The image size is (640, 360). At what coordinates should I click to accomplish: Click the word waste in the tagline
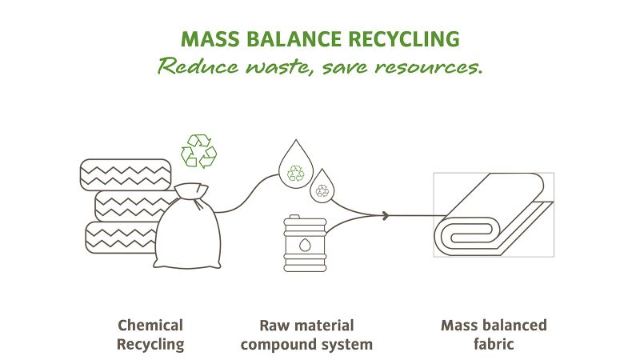tap(277, 66)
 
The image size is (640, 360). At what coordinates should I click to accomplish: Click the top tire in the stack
tap(126, 174)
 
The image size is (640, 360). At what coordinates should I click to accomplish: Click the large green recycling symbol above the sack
tap(198, 150)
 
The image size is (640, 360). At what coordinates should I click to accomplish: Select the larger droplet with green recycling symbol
tap(296, 165)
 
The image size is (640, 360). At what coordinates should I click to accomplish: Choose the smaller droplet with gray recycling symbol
tap(322, 186)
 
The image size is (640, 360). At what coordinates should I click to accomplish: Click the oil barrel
tap(305, 243)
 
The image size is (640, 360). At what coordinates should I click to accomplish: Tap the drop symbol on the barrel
tap(305, 245)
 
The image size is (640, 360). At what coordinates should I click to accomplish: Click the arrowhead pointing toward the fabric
tap(385, 215)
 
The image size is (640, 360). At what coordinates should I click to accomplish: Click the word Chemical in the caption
tap(150, 326)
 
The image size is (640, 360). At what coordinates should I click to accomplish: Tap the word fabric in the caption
tap(494, 344)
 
